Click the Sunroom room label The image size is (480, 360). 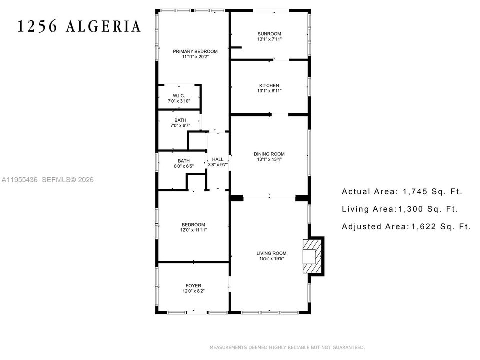pos(269,34)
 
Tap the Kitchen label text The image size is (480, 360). pos(269,85)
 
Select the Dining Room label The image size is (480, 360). pos(269,154)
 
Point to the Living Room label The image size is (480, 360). pos(271,253)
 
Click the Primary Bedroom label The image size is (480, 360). pos(195,51)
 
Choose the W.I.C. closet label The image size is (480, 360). pos(179,96)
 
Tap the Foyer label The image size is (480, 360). pos(193,286)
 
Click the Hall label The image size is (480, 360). pos(218,159)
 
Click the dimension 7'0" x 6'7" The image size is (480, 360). pos(180,126)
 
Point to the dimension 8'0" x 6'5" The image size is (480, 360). pos(184,166)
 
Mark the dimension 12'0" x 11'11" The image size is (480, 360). pos(194,230)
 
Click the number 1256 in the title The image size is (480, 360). pos(37,26)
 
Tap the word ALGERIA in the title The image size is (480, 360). pos(104,26)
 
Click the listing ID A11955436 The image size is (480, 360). pos(19,180)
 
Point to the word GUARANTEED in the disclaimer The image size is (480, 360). pos(348,348)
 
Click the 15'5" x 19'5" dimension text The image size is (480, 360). pos(271,259)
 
